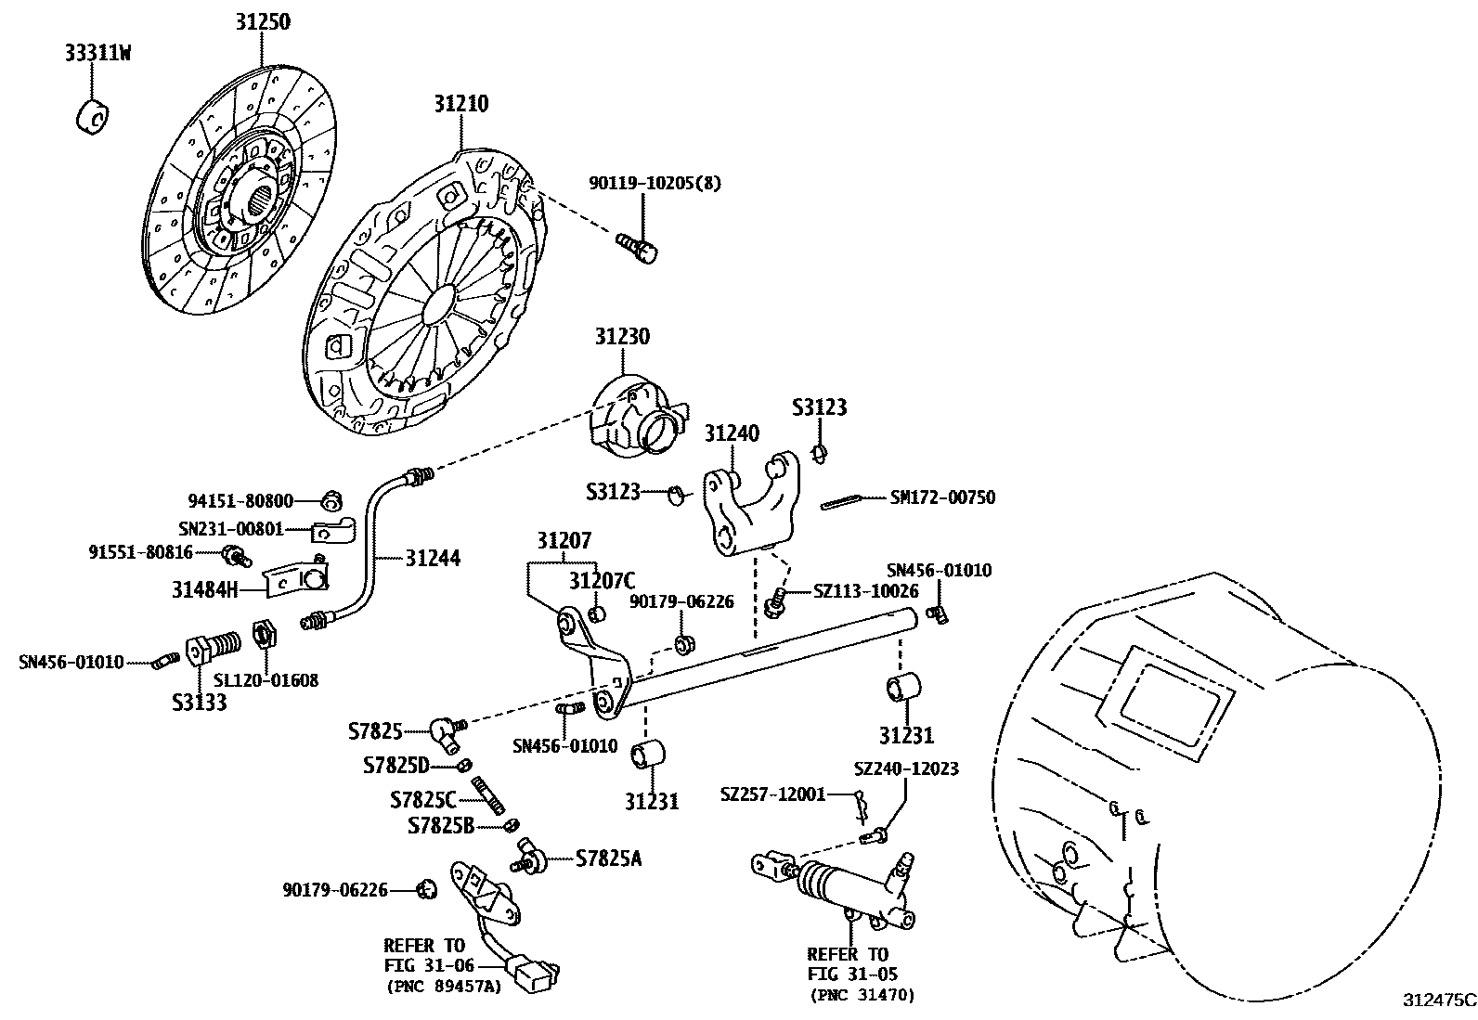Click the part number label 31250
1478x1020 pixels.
(263, 21)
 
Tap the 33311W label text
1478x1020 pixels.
(97, 53)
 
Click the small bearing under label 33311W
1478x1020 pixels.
(93, 117)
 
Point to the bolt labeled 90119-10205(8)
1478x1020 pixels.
(638, 248)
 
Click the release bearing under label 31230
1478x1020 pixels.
(638, 417)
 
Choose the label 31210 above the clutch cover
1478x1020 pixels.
(461, 104)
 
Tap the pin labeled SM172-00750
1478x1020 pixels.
(840, 502)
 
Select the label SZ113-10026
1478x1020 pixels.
(865, 591)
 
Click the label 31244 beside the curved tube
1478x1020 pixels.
(433, 558)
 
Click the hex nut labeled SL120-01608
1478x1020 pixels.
(266, 635)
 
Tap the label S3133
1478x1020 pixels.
(200, 704)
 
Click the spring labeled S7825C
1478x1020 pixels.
(489, 795)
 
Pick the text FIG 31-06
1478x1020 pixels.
(429, 966)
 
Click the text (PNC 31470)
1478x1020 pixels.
(862, 996)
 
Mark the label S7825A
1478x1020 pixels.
(608, 859)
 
